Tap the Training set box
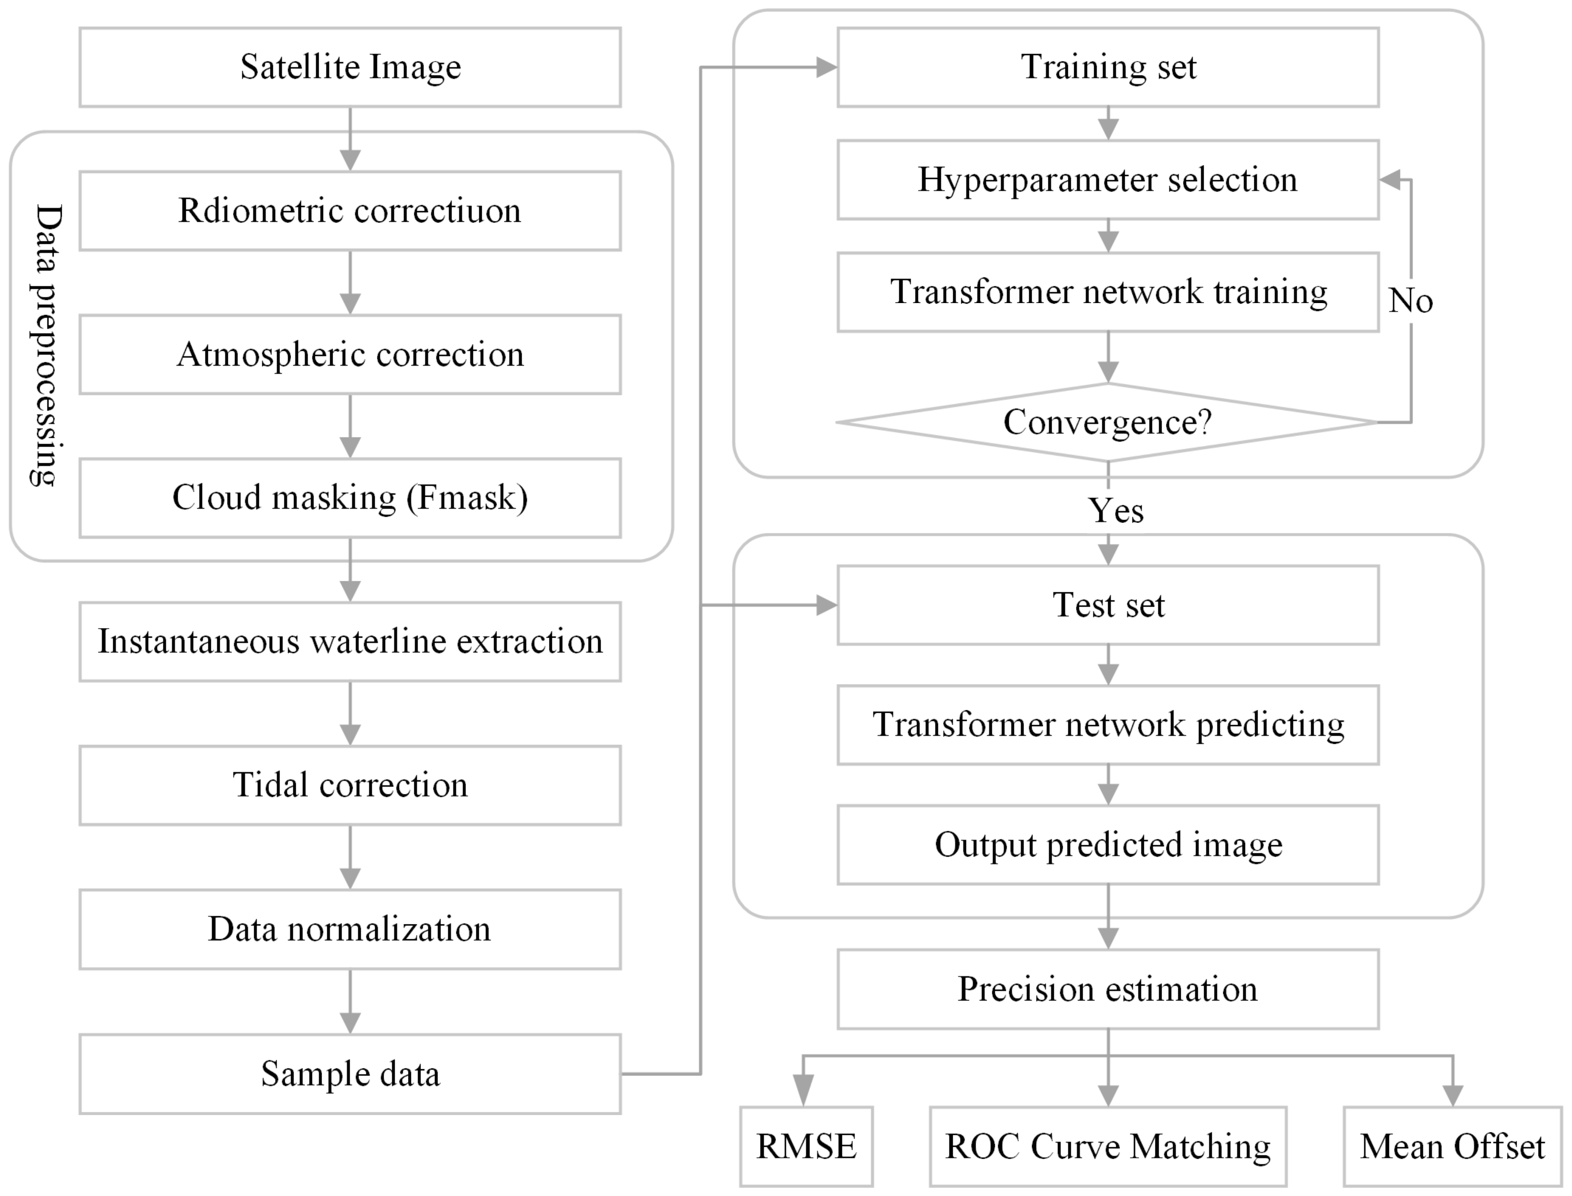(x=1108, y=67)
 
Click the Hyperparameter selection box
(x=1108, y=179)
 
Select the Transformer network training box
(x=1108, y=292)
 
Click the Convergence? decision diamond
(x=1108, y=422)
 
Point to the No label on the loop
(x=1410, y=301)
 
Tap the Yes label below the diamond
(x=1116, y=511)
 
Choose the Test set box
(x=1108, y=605)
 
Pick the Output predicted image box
(x=1108, y=845)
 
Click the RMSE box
(x=806, y=1146)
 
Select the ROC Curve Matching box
(x=1108, y=1146)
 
